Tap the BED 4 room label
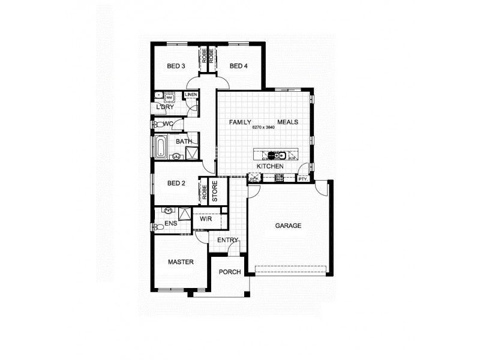238,66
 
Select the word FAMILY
240,122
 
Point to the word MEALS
287,122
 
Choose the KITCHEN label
270,166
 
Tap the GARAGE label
288,226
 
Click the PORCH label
229,272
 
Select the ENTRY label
228,240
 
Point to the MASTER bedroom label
180,262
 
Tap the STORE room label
215,191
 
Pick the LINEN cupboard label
191,95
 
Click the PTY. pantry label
302,178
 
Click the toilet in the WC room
157,124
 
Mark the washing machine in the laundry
169,97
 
